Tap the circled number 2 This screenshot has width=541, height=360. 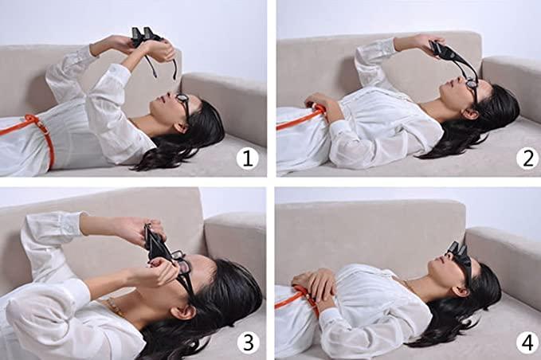526,158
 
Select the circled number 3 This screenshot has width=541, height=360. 247,342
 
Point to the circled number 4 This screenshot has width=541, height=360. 526,342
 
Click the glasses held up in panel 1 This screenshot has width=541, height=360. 147,36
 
